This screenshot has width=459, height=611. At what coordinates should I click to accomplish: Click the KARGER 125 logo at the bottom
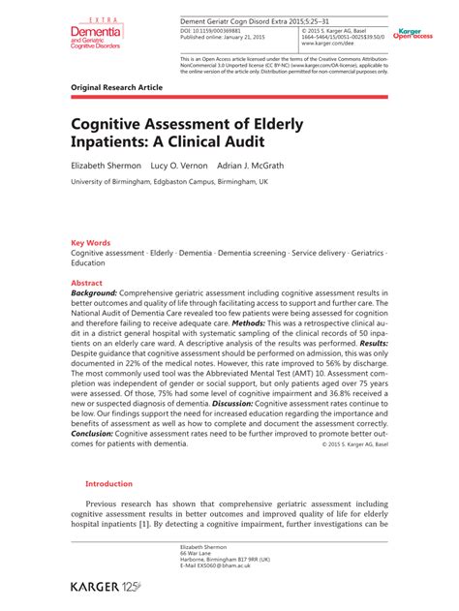click(106, 587)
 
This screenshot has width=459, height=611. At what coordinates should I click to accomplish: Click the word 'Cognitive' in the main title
click(111, 125)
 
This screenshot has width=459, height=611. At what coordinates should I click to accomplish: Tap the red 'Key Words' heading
click(90, 243)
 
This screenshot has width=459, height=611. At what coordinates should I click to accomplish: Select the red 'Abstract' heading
click(88, 283)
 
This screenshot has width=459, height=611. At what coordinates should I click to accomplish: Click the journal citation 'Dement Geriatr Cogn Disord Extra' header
click(252, 20)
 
